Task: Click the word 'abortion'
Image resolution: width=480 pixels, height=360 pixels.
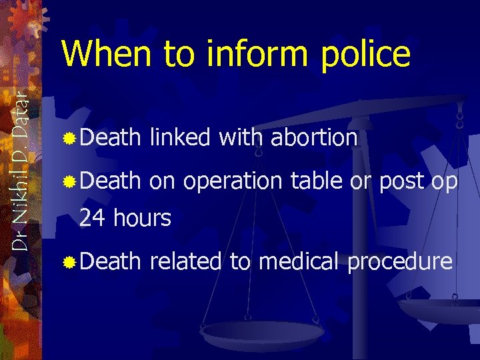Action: click(x=315, y=138)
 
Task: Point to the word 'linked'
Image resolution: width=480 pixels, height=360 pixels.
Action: click(x=179, y=138)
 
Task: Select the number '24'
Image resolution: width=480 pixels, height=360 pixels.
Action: click(x=93, y=217)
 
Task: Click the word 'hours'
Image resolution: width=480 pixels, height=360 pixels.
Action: click(x=141, y=217)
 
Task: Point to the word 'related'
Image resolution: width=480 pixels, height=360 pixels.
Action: click(x=186, y=261)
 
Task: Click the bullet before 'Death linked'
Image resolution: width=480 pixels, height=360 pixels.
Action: click(x=69, y=139)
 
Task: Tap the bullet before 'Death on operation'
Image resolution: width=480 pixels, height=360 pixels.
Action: click(x=69, y=181)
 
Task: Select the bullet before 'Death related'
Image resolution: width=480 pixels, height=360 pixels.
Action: click(x=69, y=262)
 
